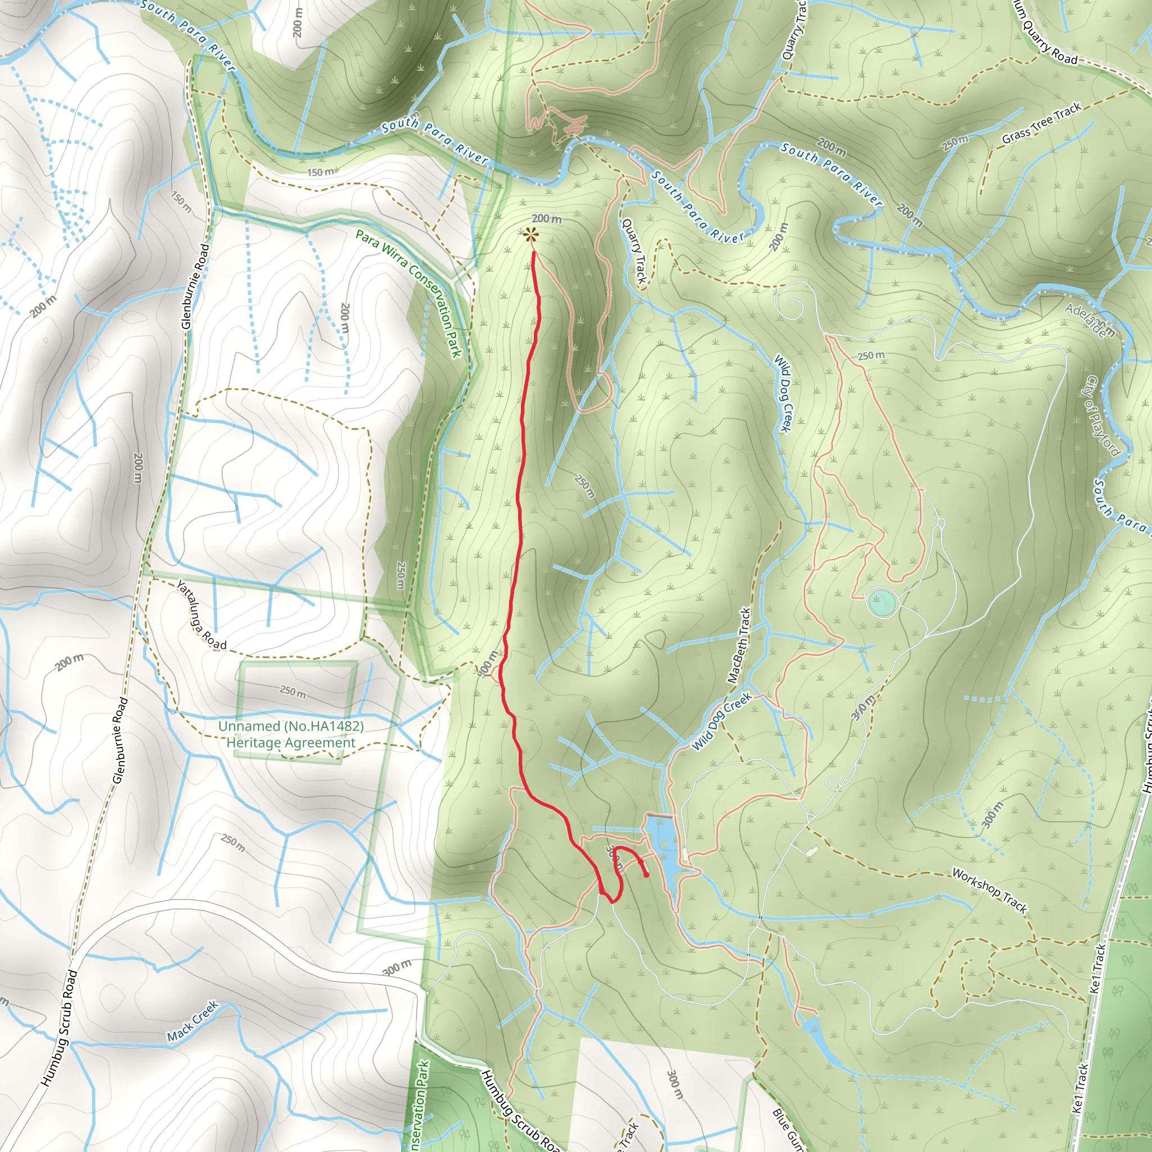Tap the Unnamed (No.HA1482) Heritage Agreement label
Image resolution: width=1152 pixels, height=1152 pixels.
pos(290,734)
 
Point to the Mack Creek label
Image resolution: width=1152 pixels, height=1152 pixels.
pos(192,1021)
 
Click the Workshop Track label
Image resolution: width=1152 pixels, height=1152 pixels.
pos(989,891)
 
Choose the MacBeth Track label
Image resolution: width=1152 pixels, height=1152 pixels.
pos(739,645)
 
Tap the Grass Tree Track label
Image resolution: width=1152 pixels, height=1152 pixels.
pos(1041,123)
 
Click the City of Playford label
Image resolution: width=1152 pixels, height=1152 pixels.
pos(1102,416)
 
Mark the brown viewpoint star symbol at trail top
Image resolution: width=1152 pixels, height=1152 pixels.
pos(529,236)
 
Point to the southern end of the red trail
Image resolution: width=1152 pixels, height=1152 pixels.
pos(647,875)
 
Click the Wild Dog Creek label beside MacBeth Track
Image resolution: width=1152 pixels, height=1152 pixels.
pos(721,722)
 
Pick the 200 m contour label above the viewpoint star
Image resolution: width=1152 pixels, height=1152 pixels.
pos(546,219)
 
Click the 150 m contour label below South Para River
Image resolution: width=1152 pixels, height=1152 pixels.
pos(321,172)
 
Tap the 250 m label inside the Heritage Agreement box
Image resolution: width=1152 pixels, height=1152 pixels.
pos(292,691)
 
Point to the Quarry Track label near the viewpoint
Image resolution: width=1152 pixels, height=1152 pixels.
pos(633,251)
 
